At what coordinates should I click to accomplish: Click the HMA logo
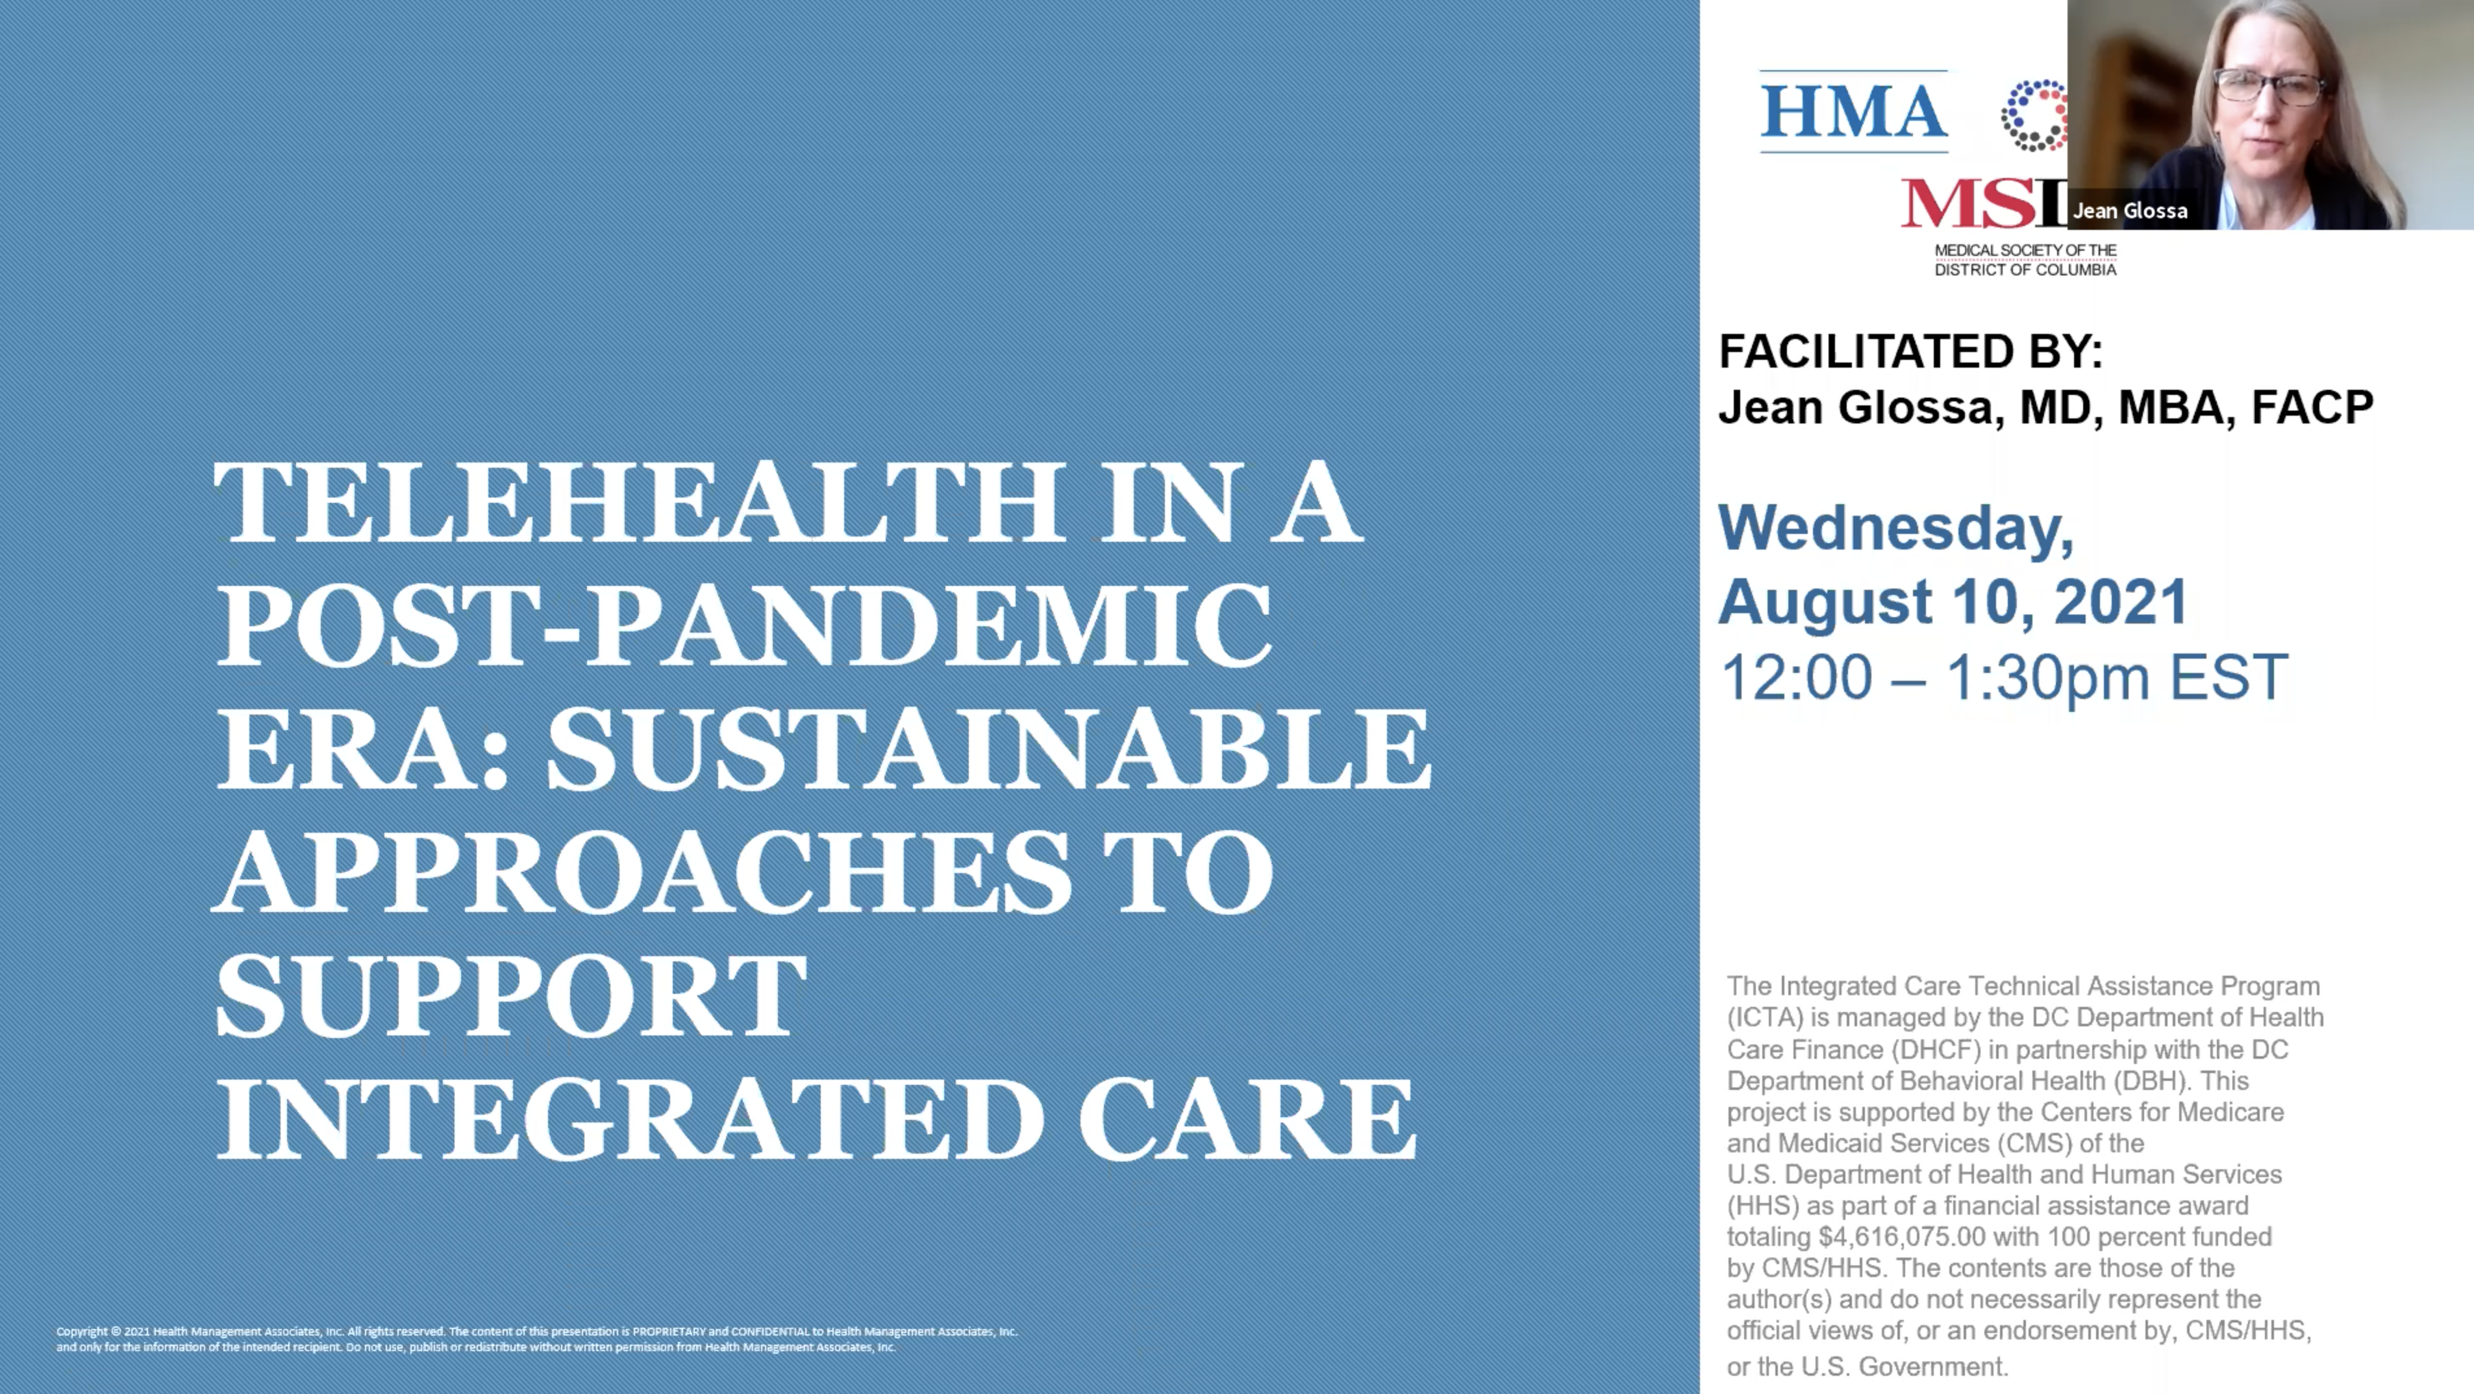coord(1854,112)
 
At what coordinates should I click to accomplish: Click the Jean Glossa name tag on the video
coord(2129,211)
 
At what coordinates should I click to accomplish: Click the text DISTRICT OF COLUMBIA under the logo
coord(2025,270)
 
